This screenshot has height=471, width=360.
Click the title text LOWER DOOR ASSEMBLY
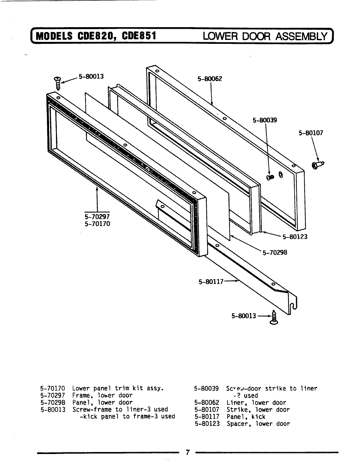click(x=265, y=36)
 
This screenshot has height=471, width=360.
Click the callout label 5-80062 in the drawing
click(x=210, y=79)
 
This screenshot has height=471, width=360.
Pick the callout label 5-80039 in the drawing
click(x=264, y=120)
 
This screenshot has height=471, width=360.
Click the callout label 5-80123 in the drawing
click(x=295, y=236)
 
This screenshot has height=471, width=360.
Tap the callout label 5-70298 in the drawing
click(x=275, y=252)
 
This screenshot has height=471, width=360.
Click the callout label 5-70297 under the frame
click(x=97, y=217)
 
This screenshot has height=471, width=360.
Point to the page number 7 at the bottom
click(x=187, y=453)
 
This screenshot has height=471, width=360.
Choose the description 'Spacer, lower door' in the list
click(x=258, y=424)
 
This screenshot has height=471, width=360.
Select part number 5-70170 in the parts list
click(x=52, y=389)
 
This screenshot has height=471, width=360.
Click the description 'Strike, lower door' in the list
click(x=258, y=410)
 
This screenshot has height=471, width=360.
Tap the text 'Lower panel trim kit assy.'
click(x=117, y=389)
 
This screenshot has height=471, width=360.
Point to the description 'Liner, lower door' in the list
click(x=256, y=403)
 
